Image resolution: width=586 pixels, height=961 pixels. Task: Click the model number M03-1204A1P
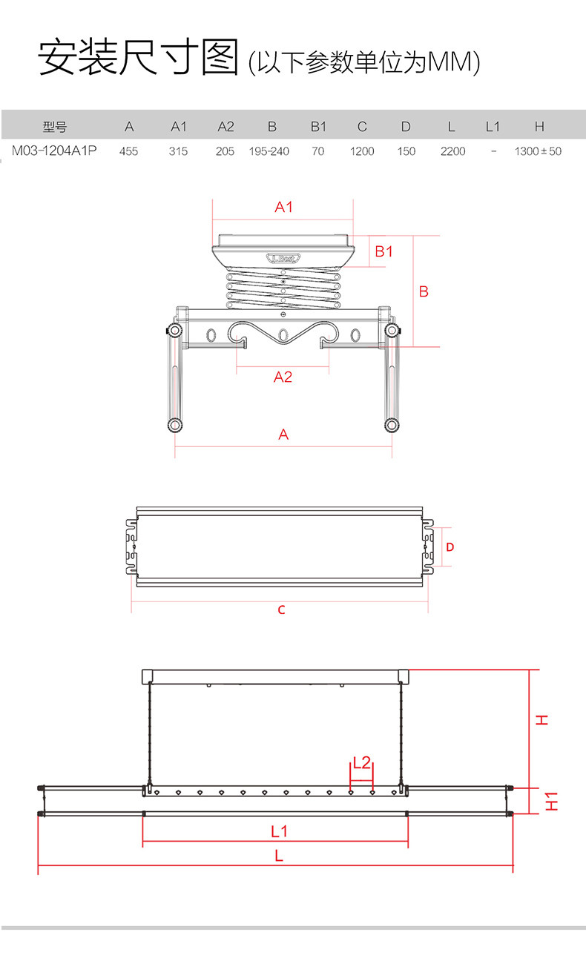[x=54, y=151]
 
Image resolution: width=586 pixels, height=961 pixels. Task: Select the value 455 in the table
[x=128, y=151]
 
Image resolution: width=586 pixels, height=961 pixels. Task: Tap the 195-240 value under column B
[x=269, y=151]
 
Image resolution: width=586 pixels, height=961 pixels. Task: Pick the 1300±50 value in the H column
[x=538, y=151]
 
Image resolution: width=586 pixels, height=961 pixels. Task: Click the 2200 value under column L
[x=452, y=151]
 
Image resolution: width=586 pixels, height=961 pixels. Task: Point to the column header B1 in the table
[x=318, y=127]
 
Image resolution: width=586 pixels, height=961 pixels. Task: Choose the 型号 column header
[x=55, y=127]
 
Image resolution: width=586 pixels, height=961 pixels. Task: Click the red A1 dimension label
[x=283, y=207]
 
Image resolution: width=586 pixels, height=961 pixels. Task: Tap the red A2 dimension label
[x=283, y=377]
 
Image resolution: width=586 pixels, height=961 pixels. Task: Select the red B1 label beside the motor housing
[x=383, y=251]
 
